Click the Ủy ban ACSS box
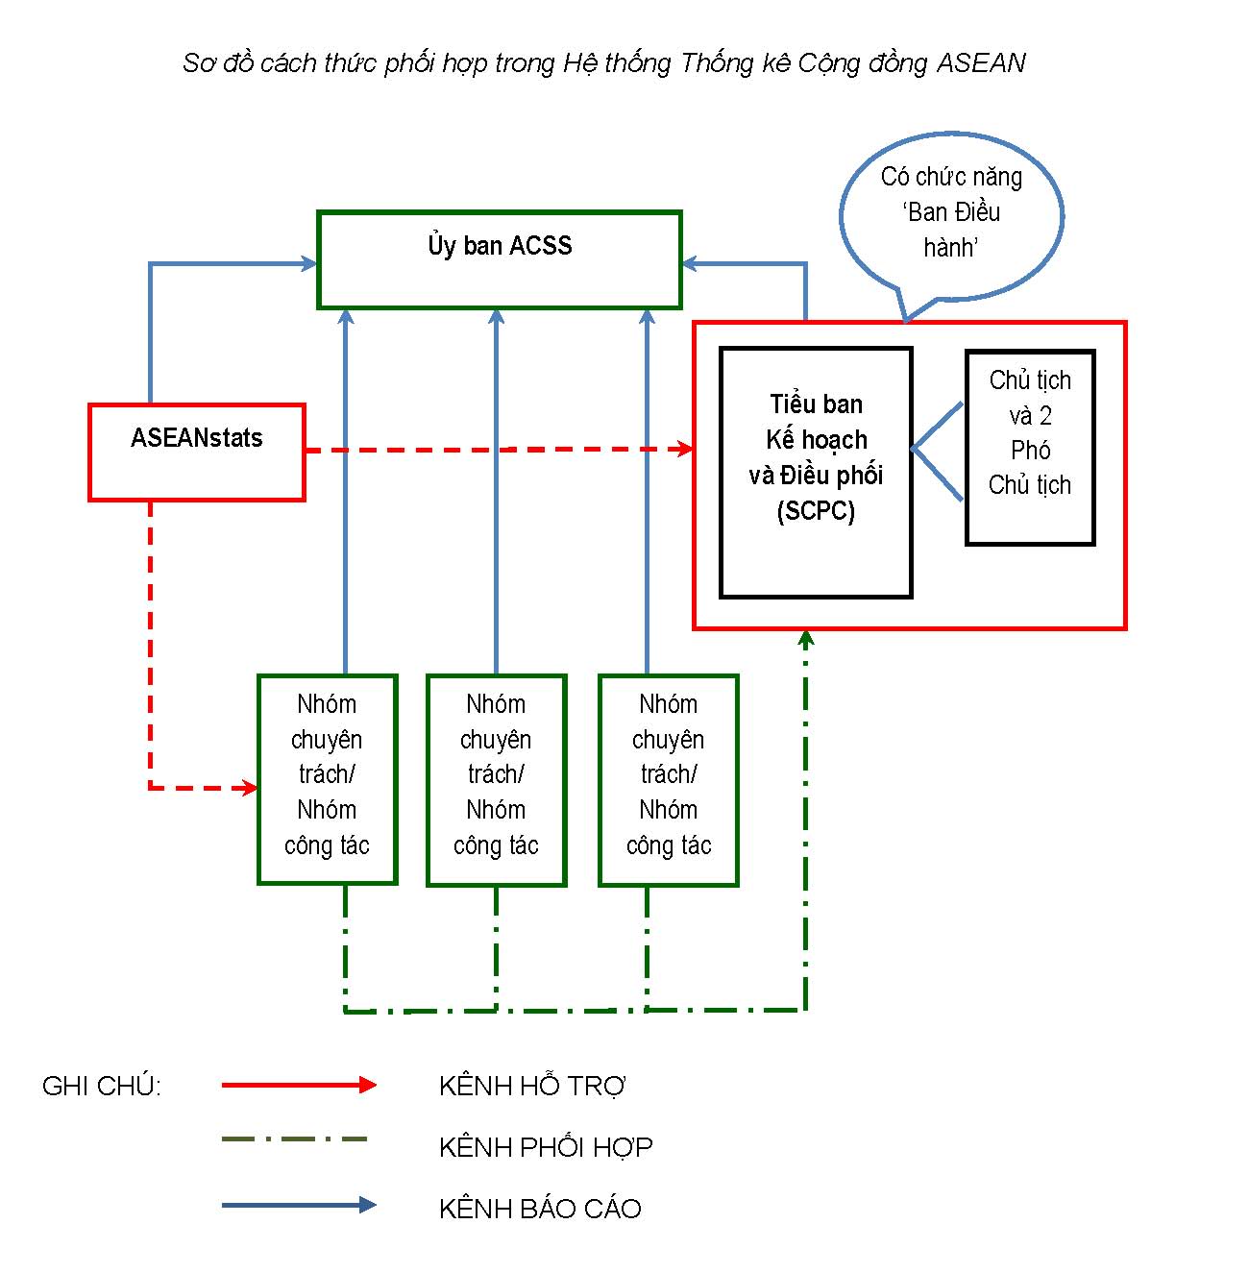[x=499, y=259]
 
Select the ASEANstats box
[x=197, y=452]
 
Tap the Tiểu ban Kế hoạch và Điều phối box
[x=816, y=472]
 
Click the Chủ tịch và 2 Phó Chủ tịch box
[x=1030, y=447]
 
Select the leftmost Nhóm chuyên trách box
[x=328, y=778]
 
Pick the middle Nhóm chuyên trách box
[x=497, y=778]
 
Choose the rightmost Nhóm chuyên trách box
[x=669, y=778]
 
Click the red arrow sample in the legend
[x=299, y=1085]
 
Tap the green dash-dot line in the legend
[x=294, y=1139]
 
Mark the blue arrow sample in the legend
[x=299, y=1205]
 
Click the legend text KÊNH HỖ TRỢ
[x=532, y=1086]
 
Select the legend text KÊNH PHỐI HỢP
[x=546, y=1147]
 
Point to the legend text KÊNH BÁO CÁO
[x=540, y=1209]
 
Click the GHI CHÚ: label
[x=102, y=1086]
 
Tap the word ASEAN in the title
[x=981, y=63]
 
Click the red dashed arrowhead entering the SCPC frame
[x=685, y=449]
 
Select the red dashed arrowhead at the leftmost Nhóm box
[x=250, y=788]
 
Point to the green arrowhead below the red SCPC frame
[x=806, y=638]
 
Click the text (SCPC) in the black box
[x=816, y=511]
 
